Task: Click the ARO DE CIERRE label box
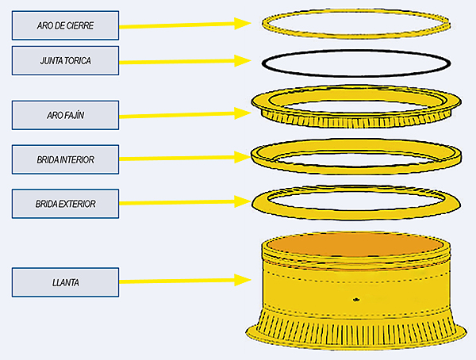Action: click(65, 25)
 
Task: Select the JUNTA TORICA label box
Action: click(65, 60)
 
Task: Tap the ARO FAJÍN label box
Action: click(65, 115)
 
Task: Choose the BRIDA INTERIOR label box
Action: click(65, 159)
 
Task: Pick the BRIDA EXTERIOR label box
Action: click(65, 204)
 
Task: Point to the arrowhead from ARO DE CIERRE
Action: click(245, 24)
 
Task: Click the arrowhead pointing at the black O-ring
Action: click(245, 60)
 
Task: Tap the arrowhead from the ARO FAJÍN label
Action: click(245, 113)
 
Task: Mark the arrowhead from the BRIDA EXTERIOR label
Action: click(245, 202)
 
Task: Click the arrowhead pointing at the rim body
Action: click(245, 280)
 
